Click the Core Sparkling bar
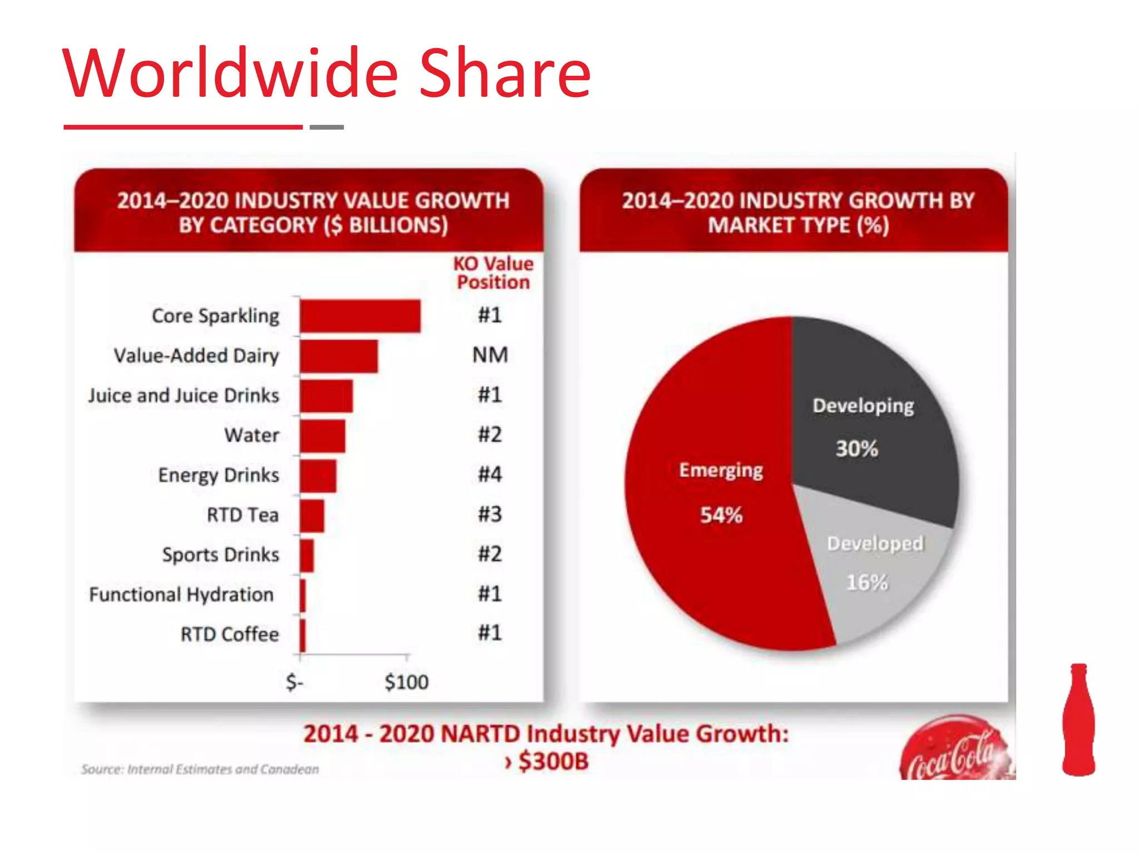(x=360, y=316)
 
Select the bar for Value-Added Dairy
(x=338, y=356)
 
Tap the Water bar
(x=322, y=436)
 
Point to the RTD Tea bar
(x=311, y=515)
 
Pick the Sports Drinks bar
(x=306, y=555)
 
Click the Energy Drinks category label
(x=219, y=475)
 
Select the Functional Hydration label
(x=181, y=594)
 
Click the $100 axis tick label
(x=407, y=682)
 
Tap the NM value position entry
(x=490, y=355)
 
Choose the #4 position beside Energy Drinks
(x=490, y=474)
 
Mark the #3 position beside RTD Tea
(x=490, y=514)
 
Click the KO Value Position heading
(x=493, y=272)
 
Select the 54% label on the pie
(x=721, y=515)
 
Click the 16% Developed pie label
(x=866, y=583)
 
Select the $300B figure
(x=553, y=761)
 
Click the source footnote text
(x=200, y=769)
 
